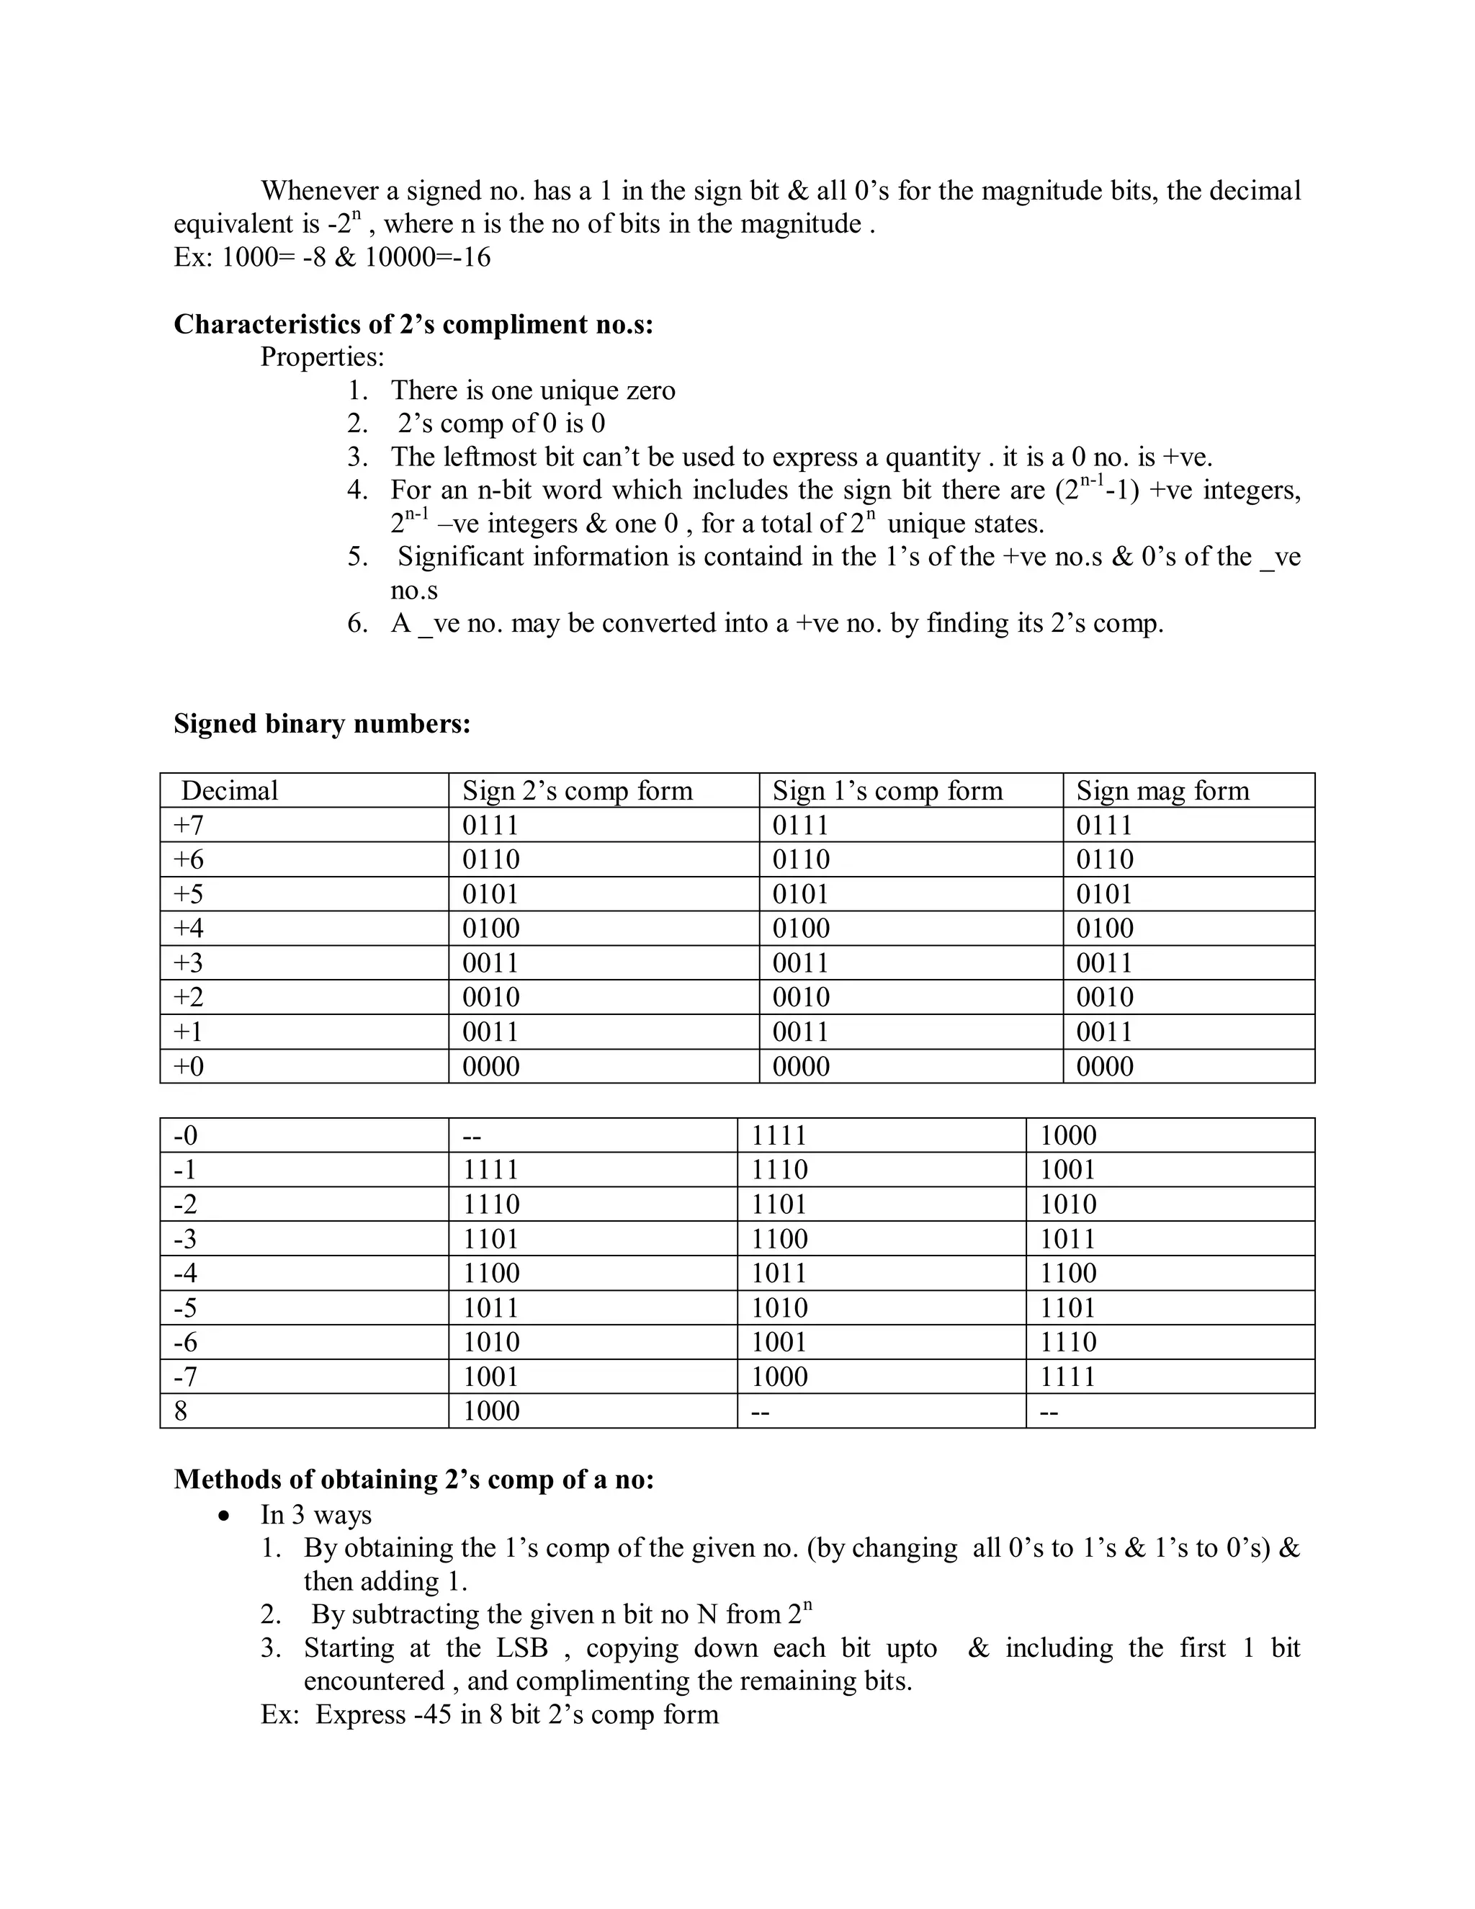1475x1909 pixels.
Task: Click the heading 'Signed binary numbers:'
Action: [321, 724]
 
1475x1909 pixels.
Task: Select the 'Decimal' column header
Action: [229, 791]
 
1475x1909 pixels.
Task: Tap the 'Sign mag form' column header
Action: [1162, 791]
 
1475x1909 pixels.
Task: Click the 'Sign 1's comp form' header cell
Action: [887, 791]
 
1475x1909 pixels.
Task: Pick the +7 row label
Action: [189, 825]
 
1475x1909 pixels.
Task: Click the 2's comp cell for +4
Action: [491, 929]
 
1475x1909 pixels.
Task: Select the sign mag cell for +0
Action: [1105, 1066]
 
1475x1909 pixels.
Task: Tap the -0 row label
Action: [185, 1135]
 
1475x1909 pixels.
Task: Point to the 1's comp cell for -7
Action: [779, 1377]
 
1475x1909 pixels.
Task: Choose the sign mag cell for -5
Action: [1067, 1307]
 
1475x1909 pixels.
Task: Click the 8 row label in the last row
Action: [181, 1410]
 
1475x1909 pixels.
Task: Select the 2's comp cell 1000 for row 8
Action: [491, 1410]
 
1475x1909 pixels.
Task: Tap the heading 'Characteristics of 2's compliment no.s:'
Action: [413, 324]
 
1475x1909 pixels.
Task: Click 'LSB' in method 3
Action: [521, 1648]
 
